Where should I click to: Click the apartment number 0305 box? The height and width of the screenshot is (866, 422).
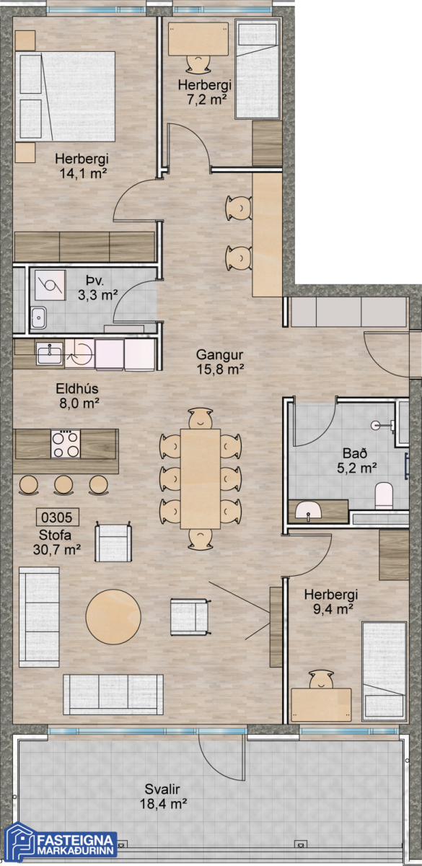pos(58,517)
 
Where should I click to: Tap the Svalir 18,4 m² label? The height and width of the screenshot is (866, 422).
pos(164,797)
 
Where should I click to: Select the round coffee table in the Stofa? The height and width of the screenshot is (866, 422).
pos(113,616)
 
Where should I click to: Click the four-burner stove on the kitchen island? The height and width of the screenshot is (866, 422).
pos(66,445)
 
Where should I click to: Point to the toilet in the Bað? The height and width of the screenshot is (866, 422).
pos(384,495)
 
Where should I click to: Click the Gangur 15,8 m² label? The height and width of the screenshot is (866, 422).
pos(220,362)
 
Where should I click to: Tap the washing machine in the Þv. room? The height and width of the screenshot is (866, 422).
pos(50,285)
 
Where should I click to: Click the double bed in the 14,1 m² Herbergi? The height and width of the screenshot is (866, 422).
pos(66,96)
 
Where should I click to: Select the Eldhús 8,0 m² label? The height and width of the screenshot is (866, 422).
pos(77,396)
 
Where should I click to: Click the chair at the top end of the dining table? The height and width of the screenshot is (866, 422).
pos(201,419)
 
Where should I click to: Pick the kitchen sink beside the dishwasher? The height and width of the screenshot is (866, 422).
pos(50,354)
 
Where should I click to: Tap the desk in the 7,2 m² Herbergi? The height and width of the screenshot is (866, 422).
pos(198,39)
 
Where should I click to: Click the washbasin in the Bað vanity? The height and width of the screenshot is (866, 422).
pos(309,510)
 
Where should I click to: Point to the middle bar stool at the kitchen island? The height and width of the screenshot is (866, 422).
pos(63,485)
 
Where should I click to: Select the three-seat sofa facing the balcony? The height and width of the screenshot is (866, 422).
pos(113,695)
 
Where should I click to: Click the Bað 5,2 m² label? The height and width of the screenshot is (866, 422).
pos(356,460)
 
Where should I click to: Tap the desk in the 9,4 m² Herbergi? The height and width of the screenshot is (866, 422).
pos(321,705)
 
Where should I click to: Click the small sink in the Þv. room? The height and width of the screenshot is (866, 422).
pos(38,318)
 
